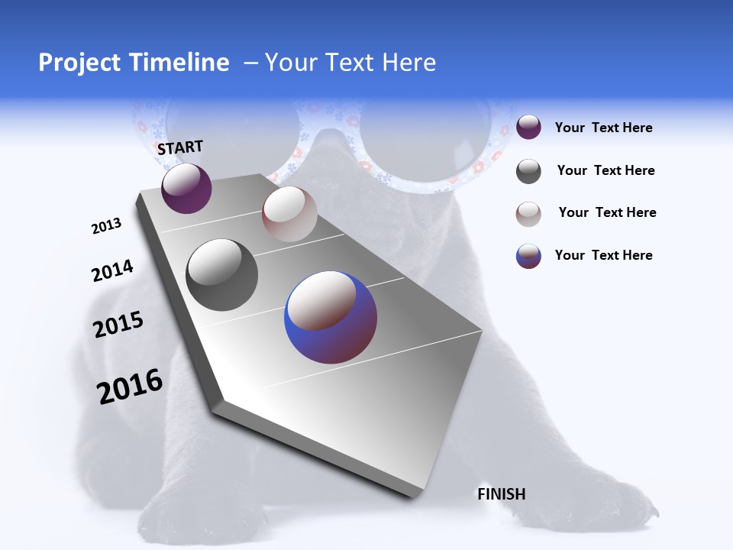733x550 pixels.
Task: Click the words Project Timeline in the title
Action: click(134, 63)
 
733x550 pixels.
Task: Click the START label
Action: click(180, 147)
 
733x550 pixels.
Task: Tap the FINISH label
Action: click(501, 494)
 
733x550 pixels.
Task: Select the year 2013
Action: click(106, 226)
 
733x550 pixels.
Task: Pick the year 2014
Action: click(112, 271)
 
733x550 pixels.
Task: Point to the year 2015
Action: click(118, 325)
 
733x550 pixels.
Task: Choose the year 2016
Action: click(130, 387)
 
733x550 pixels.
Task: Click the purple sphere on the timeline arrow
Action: click(186, 189)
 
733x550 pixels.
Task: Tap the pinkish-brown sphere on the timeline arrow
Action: click(289, 214)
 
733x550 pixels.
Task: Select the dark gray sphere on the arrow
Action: click(222, 275)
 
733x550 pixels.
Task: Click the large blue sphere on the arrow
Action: click(331, 317)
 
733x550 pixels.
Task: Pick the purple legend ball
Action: click(528, 127)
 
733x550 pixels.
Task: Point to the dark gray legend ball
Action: click(528, 171)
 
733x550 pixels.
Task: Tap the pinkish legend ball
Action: click(528, 214)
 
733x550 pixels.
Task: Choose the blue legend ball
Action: click(528, 256)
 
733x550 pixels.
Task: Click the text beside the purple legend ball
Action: click(603, 128)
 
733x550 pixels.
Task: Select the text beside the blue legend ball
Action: click(603, 255)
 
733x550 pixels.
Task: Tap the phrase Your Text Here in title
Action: click(350, 63)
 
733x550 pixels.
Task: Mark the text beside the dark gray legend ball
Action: click(605, 170)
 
